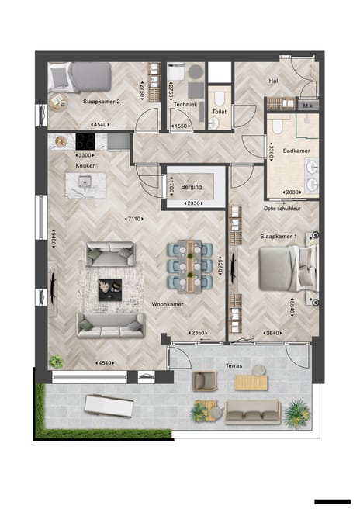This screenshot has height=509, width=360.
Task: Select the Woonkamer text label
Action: point(168,305)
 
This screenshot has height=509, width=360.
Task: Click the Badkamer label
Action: point(296,151)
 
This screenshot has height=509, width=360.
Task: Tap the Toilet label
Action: point(219,112)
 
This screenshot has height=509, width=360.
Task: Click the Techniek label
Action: point(185,103)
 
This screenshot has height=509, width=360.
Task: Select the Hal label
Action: point(273,80)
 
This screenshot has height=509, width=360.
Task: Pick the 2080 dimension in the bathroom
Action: point(292,192)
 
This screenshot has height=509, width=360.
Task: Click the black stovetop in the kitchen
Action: point(85,142)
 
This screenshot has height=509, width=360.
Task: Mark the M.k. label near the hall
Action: point(308,105)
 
